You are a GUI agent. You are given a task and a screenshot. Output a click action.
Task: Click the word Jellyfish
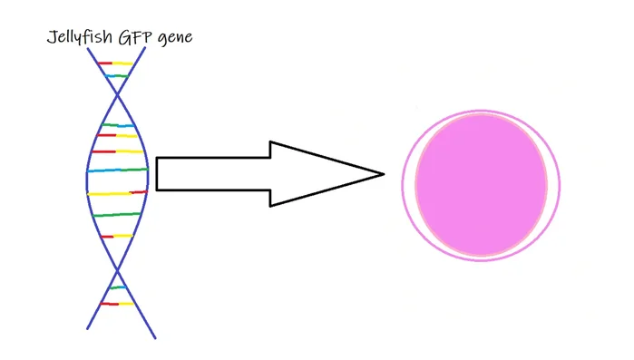tap(77, 38)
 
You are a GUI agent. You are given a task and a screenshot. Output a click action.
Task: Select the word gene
tap(177, 39)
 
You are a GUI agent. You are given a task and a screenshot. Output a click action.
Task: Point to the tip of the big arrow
tap(383, 173)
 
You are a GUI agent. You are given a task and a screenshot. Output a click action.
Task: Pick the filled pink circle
tap(481, 185)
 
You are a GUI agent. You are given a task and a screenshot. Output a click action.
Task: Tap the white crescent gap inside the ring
tap(409, 186)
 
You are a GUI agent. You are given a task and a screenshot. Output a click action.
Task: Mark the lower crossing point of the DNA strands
tap(117, 269)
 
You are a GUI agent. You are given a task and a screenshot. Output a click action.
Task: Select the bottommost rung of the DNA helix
tap(117, 303)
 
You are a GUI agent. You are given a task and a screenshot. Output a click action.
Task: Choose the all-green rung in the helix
tap(117, 215)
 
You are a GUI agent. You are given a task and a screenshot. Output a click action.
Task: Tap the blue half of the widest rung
tap(102, 170)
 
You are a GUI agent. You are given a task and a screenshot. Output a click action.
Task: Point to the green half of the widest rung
tap(132, 170)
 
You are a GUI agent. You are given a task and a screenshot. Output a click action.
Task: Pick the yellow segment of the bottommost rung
tap(126, 303)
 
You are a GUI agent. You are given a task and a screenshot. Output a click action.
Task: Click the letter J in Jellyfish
tap(51, 38)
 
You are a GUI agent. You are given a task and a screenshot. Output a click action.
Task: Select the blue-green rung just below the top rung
tap(116, 77)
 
